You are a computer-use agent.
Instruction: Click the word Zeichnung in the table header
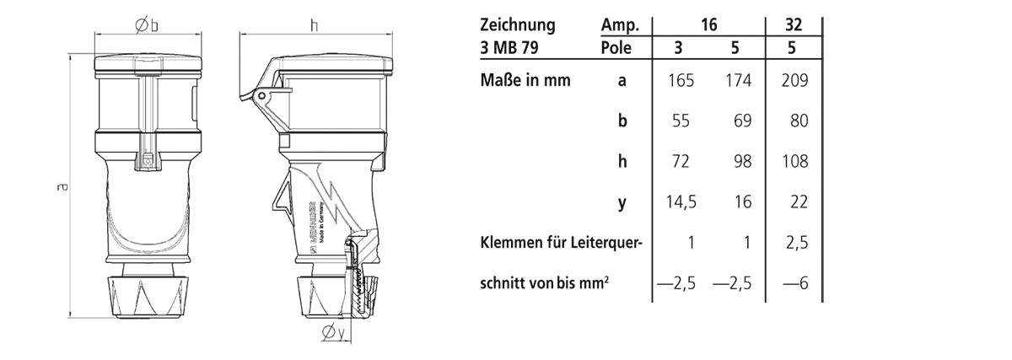pos(517,24)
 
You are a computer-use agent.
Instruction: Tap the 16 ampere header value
pos(708,24)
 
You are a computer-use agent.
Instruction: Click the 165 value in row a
pos(680,81)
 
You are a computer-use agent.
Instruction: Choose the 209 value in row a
pos(794,81)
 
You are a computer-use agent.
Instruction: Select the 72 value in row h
pos(680,162)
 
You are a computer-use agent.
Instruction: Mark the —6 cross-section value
pos(794,284)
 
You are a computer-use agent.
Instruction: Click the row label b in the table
pos(622,121)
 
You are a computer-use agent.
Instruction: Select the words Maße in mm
pos(525,81)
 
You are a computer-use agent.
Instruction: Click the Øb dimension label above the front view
pos(147,26)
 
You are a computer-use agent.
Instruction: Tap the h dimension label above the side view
pos(314,26)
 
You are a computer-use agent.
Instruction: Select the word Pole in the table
pos(617,47)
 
